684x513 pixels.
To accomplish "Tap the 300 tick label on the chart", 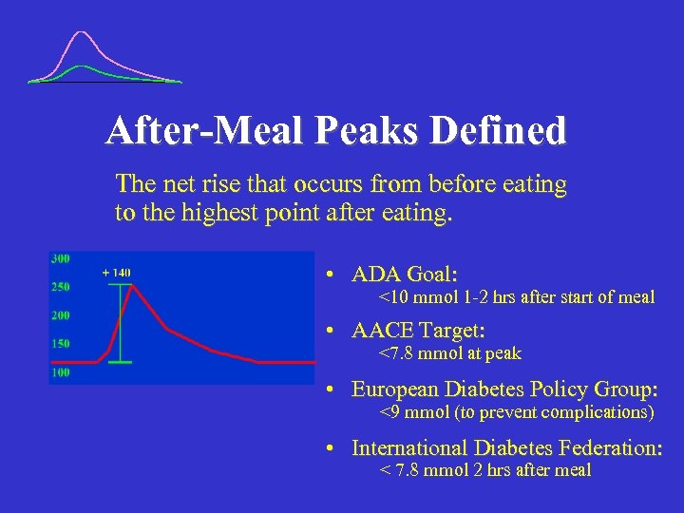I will pyautogui.click(x=60, y=258).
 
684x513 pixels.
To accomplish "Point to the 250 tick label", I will pyautogui.click(x=60, y=287).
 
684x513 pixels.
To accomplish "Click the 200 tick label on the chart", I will pyautogui.click(x=60, y=315).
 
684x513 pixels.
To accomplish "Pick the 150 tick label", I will pyautogui.click(x=60, y=344).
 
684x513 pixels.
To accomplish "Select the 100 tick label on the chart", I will pyautogui.click(x=60, y=373).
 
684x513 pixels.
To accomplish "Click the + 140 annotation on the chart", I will pyautogui.click(x=116, y=273).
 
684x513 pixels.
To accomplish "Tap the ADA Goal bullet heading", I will pyautogui.click(x=405, y=275).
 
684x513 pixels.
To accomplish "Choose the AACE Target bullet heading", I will pyautogui.click(x=418, y=331).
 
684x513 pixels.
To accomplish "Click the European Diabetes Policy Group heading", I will pyautogui.click(x=505, y=389).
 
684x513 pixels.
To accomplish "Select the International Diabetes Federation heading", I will pyautogui.click(x=506, y=447).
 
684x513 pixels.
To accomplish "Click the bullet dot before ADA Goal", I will pyautogui.click(x=327, y=275).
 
